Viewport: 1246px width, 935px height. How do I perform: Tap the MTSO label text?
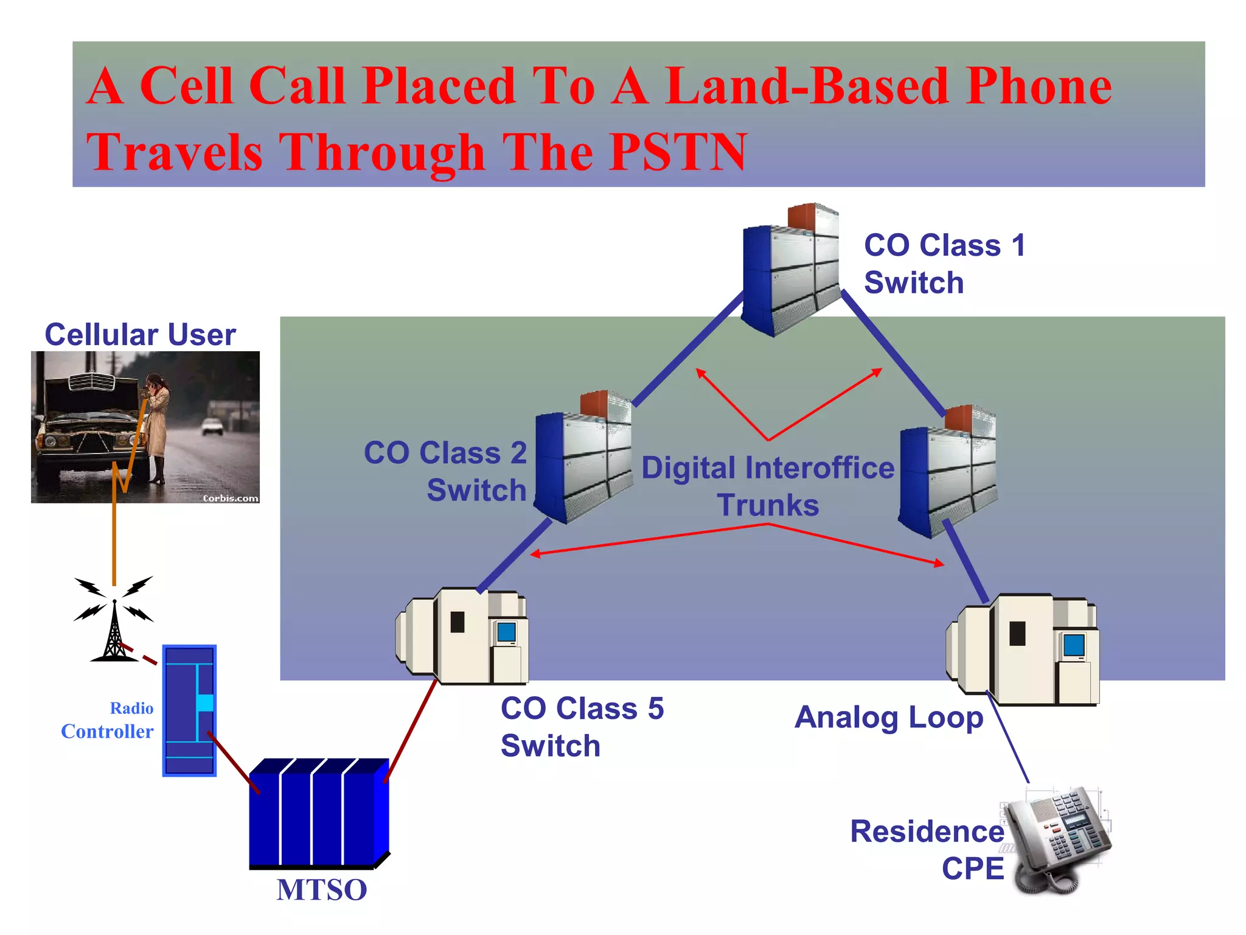tap(321, 889)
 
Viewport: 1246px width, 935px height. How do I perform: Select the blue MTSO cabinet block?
tap(318, 813)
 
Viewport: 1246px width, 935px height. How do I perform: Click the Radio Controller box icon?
tap(189, 710)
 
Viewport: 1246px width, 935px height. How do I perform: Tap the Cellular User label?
tap(140, 335)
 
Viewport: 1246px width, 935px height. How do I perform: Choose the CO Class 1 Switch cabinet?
tap(790, 271)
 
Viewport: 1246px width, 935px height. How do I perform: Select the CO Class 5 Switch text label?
tap(581, 727)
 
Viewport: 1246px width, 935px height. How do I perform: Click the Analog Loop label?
tap(888, 717)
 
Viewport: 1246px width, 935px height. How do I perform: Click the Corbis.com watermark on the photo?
tap(230, 498)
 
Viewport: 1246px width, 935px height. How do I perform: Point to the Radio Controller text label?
tap(108, 720)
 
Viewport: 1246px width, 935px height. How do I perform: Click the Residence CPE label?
tap(927, 849)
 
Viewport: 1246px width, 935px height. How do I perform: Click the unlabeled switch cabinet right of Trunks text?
tap(948, 472)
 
